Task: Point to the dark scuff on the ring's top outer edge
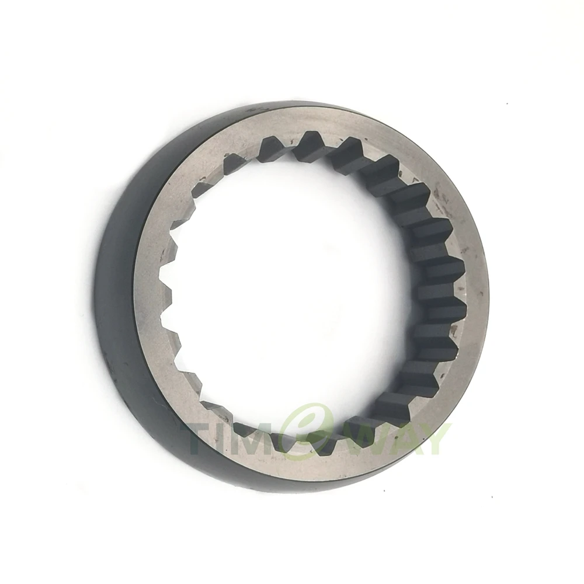pyautogui.click(x=263, y=109)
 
